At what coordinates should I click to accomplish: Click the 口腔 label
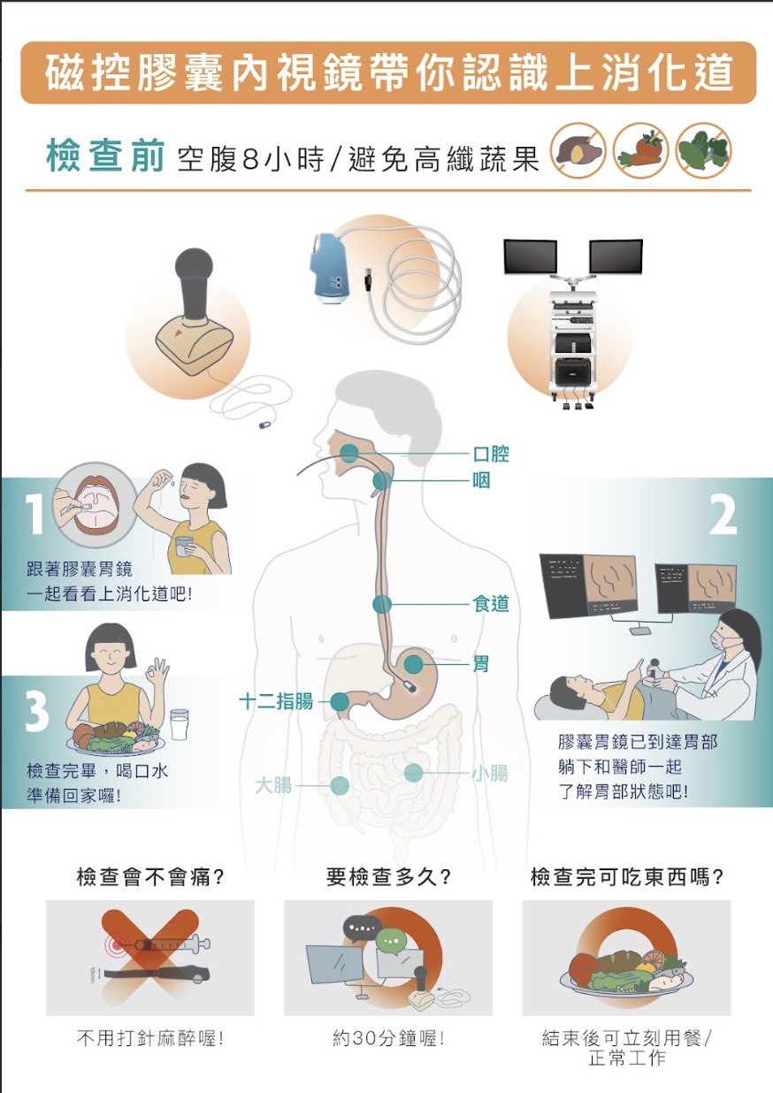[491, 454]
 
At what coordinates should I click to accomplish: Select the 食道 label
[491, 604]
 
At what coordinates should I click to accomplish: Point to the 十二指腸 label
[276, 702]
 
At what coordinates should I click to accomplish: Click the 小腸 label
[489, 773]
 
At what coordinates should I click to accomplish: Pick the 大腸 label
[273, 784]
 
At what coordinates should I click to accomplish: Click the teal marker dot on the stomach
[414, 663]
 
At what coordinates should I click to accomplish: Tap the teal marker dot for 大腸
[340, 785]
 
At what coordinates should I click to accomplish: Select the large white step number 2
[723, 516]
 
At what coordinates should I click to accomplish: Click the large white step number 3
[35, 712]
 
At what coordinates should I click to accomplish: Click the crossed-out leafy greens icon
[703, 149]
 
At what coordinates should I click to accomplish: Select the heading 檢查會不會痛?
[149, 877]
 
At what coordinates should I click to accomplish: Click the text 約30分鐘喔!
[388, 1039]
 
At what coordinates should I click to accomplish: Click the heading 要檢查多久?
[388, 877]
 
